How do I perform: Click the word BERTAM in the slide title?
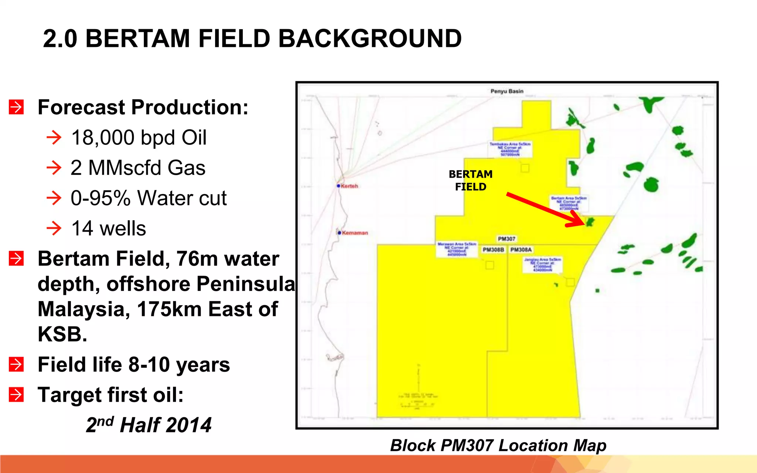[138, 38]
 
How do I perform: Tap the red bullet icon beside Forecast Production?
[16, 107]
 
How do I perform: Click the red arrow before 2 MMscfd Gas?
[54, 168]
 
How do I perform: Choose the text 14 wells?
[109, 228]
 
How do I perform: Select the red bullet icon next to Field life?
[16, 364]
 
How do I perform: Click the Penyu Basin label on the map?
[507, 91]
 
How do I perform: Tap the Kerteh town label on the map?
[349, 186]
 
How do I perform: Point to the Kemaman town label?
[355, 233]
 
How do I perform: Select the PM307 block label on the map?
[506, 239]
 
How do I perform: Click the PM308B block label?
[493, 250]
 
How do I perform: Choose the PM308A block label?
[521, 250]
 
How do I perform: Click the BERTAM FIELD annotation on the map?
[471, 180]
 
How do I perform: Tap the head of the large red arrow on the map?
[579, 221]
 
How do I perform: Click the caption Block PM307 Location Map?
[498, 445]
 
